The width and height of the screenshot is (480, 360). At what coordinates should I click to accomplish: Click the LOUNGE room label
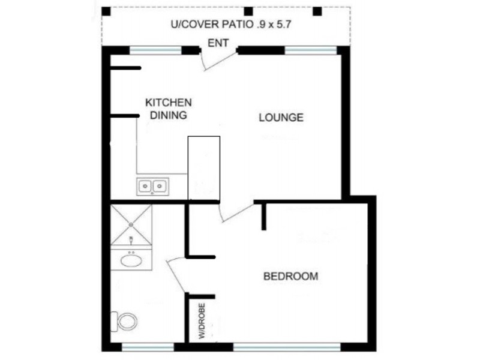(281, 118)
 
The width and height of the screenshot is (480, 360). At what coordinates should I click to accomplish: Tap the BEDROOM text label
(291, 277)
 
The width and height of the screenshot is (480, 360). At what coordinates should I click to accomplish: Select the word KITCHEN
(169, 103)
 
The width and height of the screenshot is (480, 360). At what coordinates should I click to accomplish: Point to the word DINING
(169, 116)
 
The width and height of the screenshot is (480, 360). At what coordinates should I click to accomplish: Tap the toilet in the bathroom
(127, 321)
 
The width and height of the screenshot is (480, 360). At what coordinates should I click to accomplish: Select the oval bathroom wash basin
(131, 260)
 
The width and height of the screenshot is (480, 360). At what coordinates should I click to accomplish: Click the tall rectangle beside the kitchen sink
(204, 168)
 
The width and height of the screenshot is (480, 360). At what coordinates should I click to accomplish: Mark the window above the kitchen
(148, 50)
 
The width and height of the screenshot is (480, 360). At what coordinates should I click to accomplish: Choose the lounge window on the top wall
(301, 50)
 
